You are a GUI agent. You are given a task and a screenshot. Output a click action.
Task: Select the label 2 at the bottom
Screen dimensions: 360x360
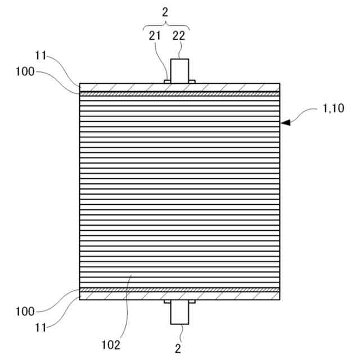178,348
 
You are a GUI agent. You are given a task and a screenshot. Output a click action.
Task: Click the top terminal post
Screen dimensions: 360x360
180,71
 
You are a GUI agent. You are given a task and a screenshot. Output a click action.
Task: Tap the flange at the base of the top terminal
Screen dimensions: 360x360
167,81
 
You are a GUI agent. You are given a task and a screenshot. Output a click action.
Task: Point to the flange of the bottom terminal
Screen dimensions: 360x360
167,301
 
